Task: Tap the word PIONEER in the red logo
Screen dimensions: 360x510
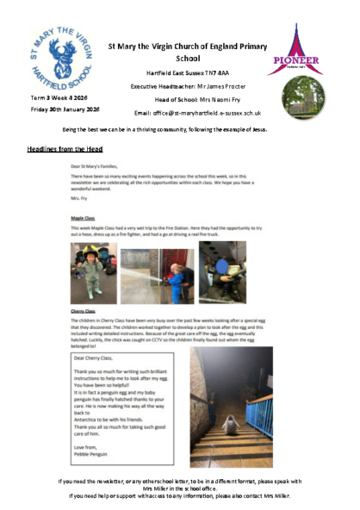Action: [x=296, y=59]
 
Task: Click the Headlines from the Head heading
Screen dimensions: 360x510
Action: [x=66, y=149]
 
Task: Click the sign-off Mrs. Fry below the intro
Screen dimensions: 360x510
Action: [x=79, y=197]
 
